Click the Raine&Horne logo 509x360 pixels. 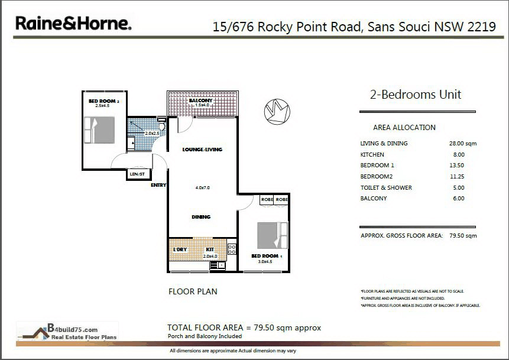click(73, 24)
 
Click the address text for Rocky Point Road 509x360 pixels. click(354, 27)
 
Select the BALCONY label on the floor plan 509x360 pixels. click(200, 101)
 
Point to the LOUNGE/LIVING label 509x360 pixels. click(202, 150)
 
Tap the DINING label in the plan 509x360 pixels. click(201, 217)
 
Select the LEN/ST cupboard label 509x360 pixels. click(137, 174)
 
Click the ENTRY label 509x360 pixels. click(158, 185)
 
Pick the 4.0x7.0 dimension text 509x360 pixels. click(202, 187)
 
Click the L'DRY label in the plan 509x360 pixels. click(180, 250)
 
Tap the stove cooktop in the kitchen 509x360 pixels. click(232, 249)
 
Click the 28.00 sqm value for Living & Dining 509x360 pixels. click(462, 144)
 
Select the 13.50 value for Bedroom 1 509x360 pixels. click(458, 166)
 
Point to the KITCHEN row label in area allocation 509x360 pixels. click(372, 155)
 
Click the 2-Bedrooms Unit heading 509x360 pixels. click(415, 95)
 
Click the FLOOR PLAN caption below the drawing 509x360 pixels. click(192, 291)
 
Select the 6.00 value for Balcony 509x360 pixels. click(458, 199)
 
